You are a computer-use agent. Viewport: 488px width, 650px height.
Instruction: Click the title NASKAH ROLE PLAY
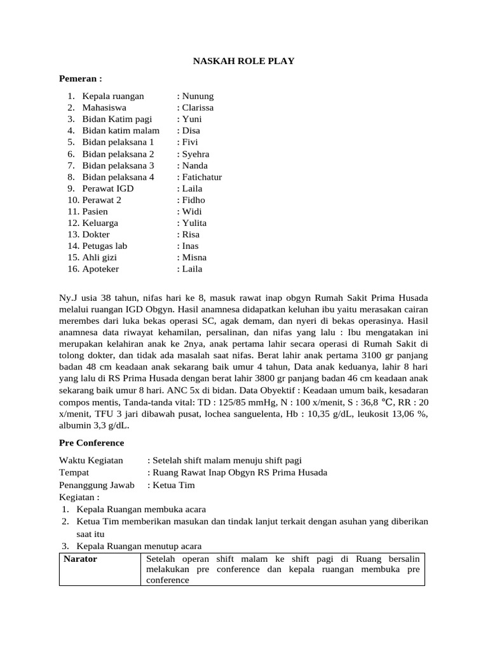point(243,61)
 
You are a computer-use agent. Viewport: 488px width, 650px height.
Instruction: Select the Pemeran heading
point(80,78)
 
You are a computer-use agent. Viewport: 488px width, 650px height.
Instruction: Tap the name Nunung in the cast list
point(198,96)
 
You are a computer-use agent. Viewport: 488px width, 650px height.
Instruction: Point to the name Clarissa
point(198,108)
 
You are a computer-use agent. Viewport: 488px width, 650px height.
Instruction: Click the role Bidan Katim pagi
point(117,119)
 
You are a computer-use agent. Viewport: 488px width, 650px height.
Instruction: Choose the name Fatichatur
point(202,177)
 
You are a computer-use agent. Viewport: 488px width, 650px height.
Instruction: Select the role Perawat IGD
point(108,189)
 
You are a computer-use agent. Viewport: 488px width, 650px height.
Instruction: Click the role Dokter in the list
point(96,234)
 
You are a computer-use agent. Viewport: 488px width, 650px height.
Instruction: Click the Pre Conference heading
point(91,442)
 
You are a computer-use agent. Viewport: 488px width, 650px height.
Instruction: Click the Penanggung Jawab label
point(97,485)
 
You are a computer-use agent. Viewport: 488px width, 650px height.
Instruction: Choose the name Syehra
point(196,154)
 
